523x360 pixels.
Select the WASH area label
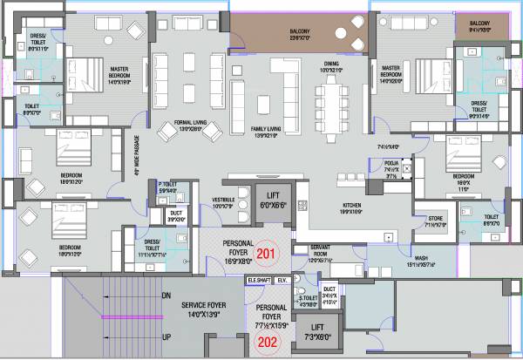(420, 258)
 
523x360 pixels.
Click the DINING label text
(331, 64)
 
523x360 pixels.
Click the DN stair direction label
(166, 296)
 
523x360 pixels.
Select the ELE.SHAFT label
(258, 280)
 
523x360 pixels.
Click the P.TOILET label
(166, 184)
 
